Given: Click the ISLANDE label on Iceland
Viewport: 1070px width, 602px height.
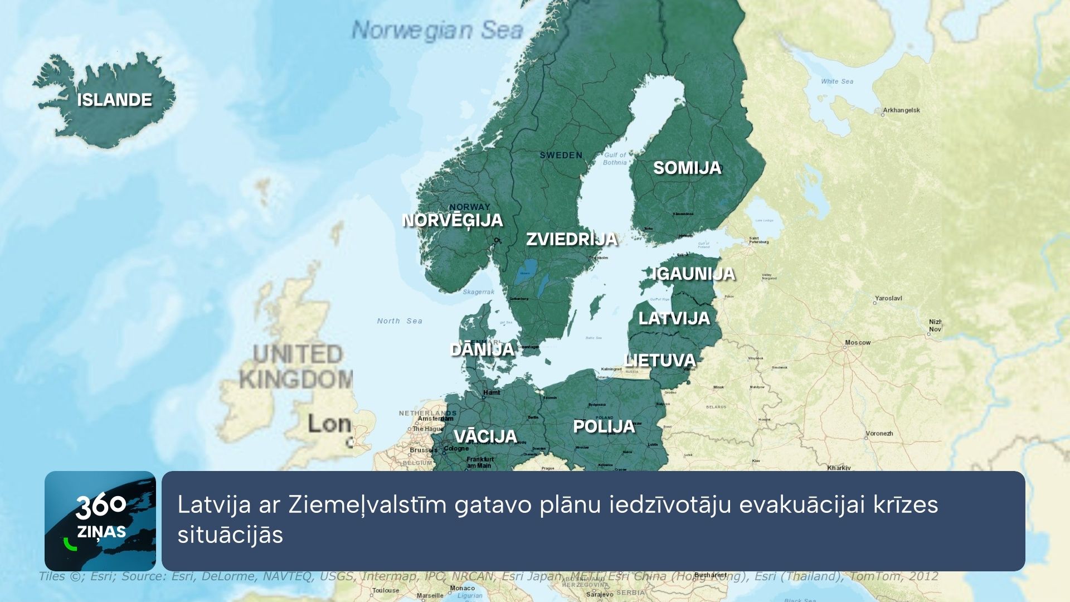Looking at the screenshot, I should [x=114, y=100].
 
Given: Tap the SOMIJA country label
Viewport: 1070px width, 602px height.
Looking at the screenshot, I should [x=687, y=168].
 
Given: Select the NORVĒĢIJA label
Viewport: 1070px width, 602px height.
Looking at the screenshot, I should [x=452, y=220].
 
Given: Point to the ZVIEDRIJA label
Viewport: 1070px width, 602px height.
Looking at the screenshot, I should [x=572, y=239].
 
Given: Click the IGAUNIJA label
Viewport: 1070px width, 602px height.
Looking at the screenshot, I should [x=694, y=274].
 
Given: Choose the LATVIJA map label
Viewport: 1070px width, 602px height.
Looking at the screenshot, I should [x=674, y=318].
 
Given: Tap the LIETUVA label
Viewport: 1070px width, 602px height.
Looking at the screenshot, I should [x=660, y=361].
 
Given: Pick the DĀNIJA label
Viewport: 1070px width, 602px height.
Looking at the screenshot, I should [x=481, y=349].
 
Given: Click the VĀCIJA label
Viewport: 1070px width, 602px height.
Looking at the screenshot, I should [x=485, y=436].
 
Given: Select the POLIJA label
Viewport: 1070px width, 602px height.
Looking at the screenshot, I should [x=604, y=426].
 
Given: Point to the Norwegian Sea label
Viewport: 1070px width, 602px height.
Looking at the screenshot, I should [x=437, y=30].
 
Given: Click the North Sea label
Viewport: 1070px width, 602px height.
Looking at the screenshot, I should [x=400, y=321].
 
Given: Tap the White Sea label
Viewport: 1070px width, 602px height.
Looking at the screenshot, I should [x=836, y=81].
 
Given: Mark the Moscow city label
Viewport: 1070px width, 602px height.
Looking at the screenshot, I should [x=857, y=342].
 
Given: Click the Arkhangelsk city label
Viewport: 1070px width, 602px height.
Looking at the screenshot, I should [x=901, y=110].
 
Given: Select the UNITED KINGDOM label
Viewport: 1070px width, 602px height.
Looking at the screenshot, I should [x=296, y=367].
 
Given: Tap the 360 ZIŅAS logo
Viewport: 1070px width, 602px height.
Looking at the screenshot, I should [x=100, y=521].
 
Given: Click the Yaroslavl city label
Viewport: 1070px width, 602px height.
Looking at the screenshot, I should [x=888, y=298].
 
